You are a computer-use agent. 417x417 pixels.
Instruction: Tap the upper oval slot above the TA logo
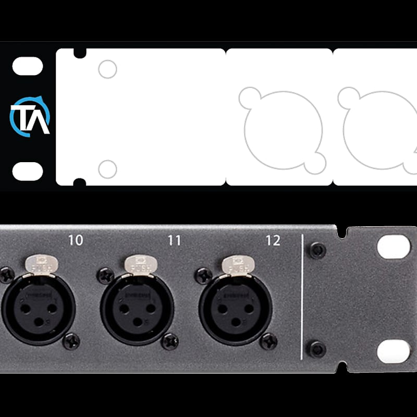click(28, 67)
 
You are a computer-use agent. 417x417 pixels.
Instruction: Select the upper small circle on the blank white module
click(107, 69)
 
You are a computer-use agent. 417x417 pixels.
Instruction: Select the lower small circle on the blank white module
click(107, 169)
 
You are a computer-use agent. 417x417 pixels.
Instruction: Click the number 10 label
click(76, 240)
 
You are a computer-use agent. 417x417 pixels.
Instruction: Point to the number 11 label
click(174, 240)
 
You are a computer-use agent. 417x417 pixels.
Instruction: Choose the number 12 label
click(273, 240)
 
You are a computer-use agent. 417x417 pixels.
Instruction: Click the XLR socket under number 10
click(38, 308)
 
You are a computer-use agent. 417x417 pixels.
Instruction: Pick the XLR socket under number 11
click(137, 308)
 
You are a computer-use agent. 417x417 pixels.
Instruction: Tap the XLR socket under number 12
click(236, 308)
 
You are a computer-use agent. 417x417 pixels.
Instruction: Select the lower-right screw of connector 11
click(170, 341)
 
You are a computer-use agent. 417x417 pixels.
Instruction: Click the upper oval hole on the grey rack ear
click(394, 247)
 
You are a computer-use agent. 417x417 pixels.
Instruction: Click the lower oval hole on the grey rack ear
click(394, 351)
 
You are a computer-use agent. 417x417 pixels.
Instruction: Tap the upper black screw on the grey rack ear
click(317, 250)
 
